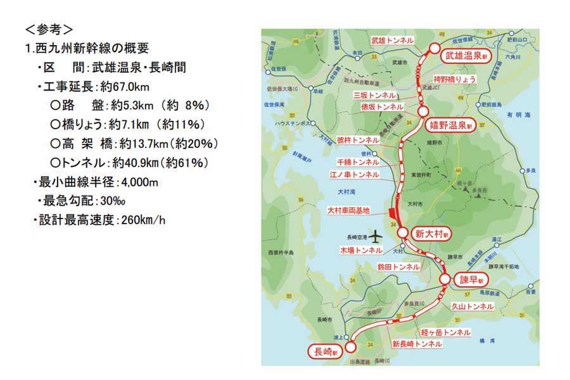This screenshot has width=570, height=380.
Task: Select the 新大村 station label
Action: point(432,234)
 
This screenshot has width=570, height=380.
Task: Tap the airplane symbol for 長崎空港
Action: point(376,237)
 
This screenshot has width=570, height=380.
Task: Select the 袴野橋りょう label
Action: point(454,79)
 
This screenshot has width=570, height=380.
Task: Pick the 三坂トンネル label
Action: point(379,94)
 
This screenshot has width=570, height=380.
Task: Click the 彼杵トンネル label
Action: point(358,139)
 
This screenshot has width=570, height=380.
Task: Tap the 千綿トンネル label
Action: point(358,161)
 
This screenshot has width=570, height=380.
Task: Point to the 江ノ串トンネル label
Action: point(355,174)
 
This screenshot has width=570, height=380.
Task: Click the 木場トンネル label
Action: point(361,251)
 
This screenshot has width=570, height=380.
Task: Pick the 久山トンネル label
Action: point(472,306)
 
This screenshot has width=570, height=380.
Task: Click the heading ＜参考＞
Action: point(49,28)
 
